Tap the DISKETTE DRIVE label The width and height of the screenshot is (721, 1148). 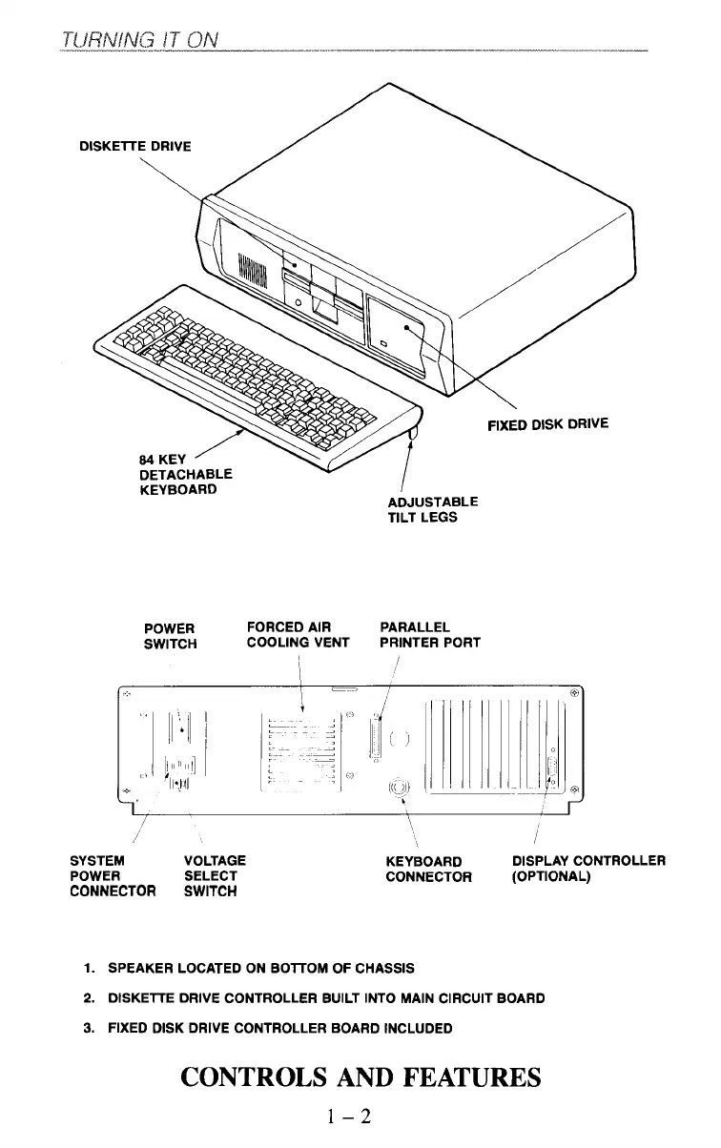[134, 146]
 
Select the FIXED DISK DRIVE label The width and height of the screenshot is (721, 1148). [547, 423]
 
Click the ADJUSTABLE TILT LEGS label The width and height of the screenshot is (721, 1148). [432, 509]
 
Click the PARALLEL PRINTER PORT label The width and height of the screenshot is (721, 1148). [429, 635]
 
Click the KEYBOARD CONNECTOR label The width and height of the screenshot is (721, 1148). [428, 870]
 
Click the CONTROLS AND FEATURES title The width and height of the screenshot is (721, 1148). [360, 1077]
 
